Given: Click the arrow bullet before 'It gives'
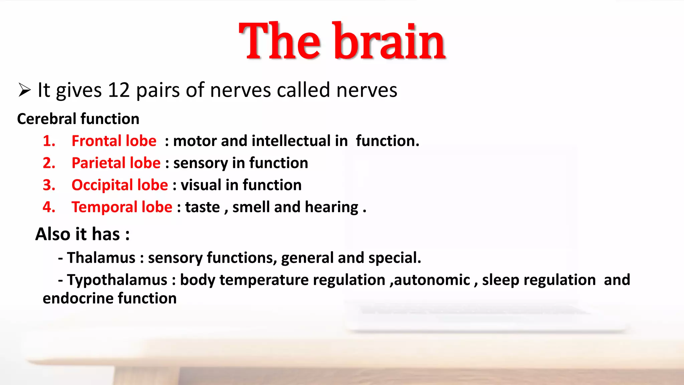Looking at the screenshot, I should tap(24, 90).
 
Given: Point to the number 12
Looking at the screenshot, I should tap(119, 90).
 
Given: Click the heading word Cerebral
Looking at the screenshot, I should tap(47, 119).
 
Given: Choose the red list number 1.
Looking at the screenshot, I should tap(49, 141).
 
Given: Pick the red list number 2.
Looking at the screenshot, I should tap(49, 163).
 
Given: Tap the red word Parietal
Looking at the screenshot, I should tap(98, 163).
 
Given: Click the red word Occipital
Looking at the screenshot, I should tap(102, 185).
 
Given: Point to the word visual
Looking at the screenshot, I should tap(201, 185).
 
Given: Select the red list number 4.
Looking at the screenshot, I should tap(49, 207).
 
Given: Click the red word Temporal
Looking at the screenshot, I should tap(105, 207).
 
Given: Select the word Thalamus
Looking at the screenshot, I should tap(101, 258).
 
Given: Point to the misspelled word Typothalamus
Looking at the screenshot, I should tap(117, 280).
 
